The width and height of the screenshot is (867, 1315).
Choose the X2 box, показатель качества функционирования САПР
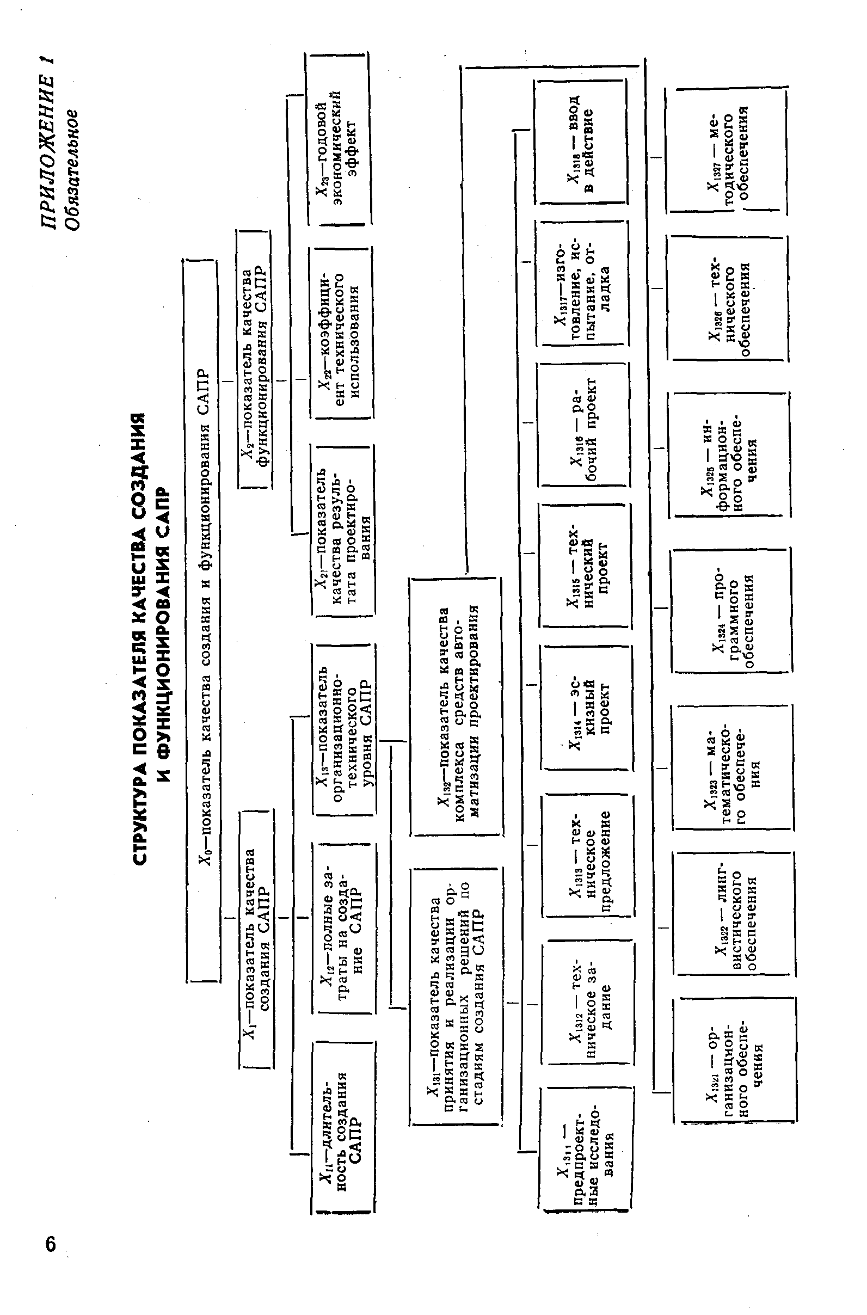click(x=254, y=359)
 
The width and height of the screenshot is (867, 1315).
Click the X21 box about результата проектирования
click(x=343, y=531)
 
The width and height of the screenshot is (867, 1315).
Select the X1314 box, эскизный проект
click(x=586, y=707)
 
